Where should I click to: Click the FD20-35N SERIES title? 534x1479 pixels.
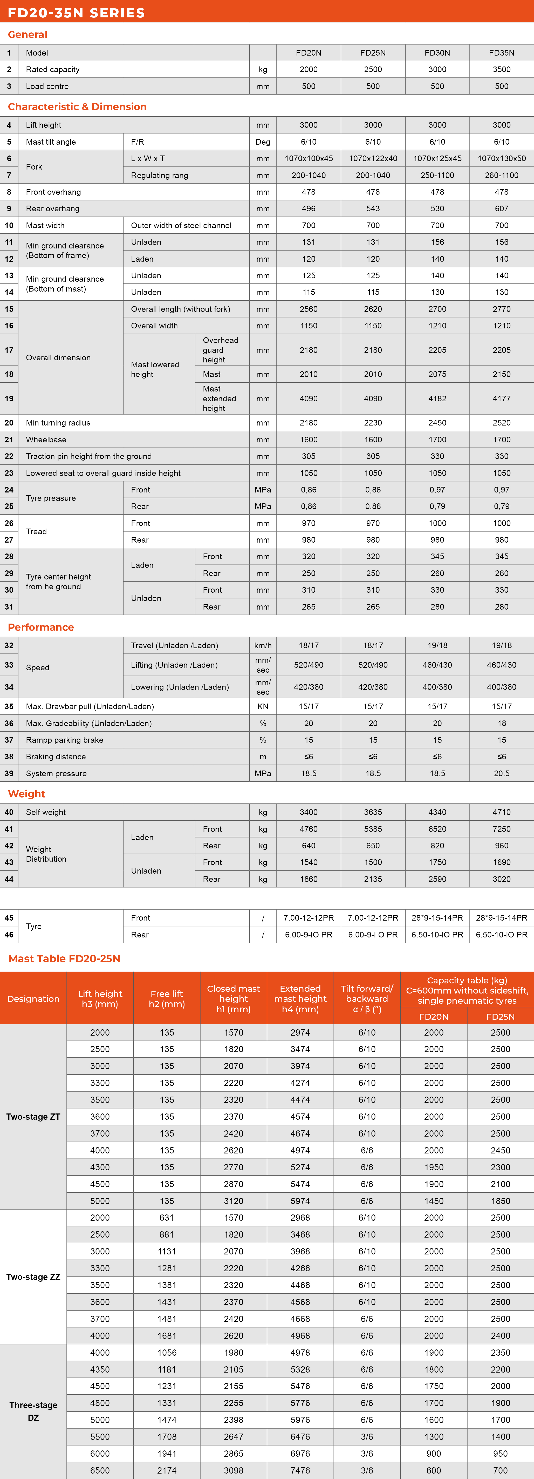76,13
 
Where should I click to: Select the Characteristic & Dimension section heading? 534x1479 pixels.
77,107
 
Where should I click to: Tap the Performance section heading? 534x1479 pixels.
41,627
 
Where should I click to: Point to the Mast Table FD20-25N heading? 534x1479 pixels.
64,958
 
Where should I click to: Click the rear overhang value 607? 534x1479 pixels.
501,208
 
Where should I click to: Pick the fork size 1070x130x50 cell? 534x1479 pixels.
501,158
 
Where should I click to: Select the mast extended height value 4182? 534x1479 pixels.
437,399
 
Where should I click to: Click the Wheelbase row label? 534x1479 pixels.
46,440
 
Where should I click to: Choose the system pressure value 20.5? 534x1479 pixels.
501,773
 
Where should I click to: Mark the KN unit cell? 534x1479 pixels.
263,706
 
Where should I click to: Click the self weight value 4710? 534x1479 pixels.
501,812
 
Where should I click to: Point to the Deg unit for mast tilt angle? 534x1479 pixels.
263,142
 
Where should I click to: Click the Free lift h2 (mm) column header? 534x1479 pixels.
166,998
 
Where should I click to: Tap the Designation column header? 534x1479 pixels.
33,998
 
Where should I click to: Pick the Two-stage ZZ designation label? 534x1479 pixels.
33,1276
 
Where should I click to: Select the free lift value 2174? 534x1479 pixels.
166,1470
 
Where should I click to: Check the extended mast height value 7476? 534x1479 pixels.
300,1470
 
